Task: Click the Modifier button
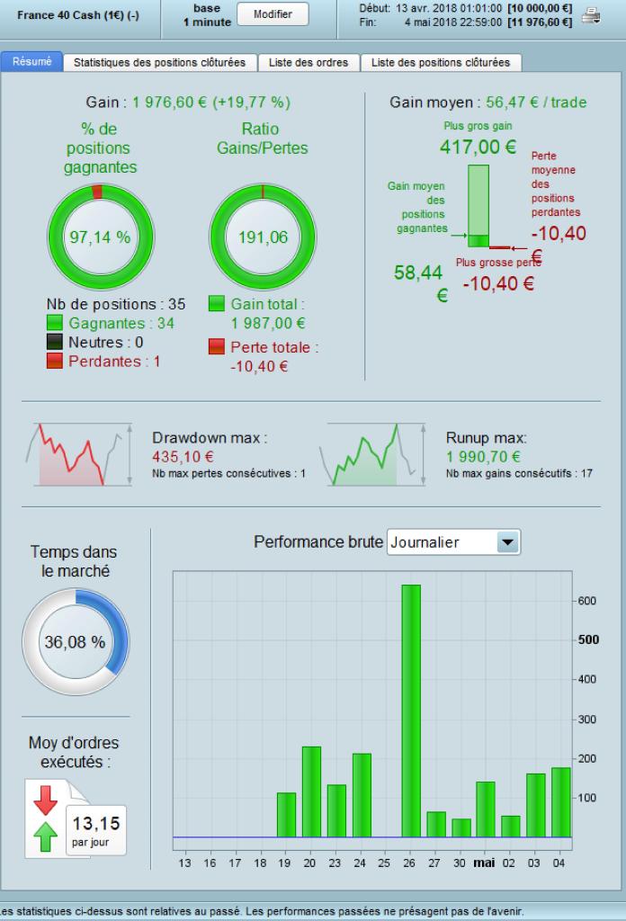coord(273,14)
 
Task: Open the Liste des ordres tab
coord(309,63)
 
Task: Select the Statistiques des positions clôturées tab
coord(160,63)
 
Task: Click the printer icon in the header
coord(591,14)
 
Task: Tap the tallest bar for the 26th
coord(411,711)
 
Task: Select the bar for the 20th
coord(311,791)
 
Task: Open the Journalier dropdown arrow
coord(508,542)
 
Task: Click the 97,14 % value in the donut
coord(100,237)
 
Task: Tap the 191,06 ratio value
coord(263,237)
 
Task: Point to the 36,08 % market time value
coord(75,642)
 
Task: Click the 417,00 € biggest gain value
coord(478,146)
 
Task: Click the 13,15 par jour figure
coord(95,823)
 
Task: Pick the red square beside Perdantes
coord(55,361)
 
